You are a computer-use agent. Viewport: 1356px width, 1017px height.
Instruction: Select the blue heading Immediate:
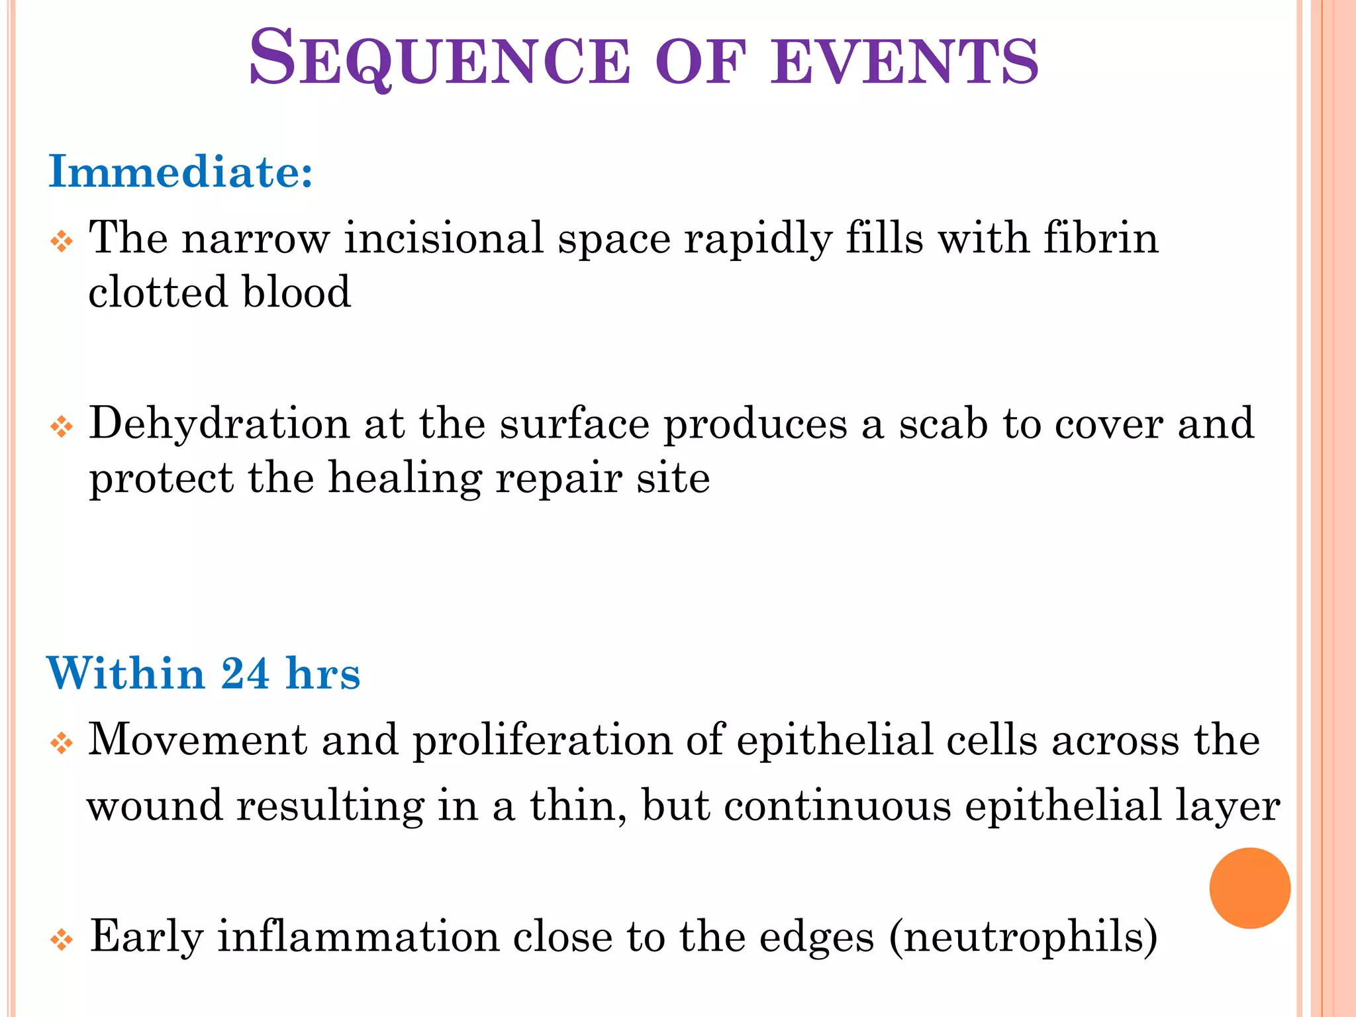pyautogui.click(x=181, y=172)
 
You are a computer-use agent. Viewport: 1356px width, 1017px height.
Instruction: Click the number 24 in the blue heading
pyautogui.click(x=245, y=674)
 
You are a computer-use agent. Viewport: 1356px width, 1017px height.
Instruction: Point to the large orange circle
pyautogui.click(x=1249, y=888)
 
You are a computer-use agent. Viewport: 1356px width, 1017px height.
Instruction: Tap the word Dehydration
pyautogui.click(x=219, y=424)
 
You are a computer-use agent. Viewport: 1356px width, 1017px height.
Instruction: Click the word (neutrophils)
pyautogui.click(x=1023, y=938)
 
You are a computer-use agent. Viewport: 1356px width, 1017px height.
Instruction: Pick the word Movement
pyautogui.click(x=197, y=740)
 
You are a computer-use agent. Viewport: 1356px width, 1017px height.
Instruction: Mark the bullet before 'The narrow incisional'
pyautogui.click(x=62, y=242)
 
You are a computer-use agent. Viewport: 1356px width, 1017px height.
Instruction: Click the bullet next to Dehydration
pyautogui.click(x=62, y=427)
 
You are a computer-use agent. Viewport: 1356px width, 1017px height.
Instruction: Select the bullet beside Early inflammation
pyautogui.click(x=62, y=940)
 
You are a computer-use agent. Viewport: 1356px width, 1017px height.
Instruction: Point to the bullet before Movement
pyautogui.click(x=62, y=744)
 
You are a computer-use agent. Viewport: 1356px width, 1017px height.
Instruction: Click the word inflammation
pyautogui.click(x=358, y=936)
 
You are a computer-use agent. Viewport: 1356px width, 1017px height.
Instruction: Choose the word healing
pyautogui.click(x=405, y=478)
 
